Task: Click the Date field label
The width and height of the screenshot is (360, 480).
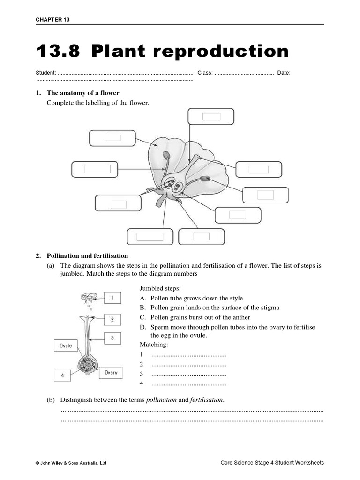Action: click(284, 73)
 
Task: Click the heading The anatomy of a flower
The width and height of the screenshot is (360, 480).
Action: click(83, 93)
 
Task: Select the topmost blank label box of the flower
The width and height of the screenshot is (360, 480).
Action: click(211, 117)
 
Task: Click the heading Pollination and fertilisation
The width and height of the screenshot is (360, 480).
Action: click(87, 255)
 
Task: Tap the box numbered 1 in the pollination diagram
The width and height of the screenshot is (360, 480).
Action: click(112, 298)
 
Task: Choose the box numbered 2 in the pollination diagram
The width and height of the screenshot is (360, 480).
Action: click(112, 320)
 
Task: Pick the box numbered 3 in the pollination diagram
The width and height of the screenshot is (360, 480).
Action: click(112, 337)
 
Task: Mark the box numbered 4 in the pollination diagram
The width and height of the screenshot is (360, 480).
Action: click(62, 375)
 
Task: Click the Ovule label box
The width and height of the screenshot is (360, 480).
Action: click(66, 345)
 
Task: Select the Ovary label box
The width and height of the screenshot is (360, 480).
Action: click(111, 372)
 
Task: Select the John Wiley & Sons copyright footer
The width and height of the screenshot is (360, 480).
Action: click(71, 463)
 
